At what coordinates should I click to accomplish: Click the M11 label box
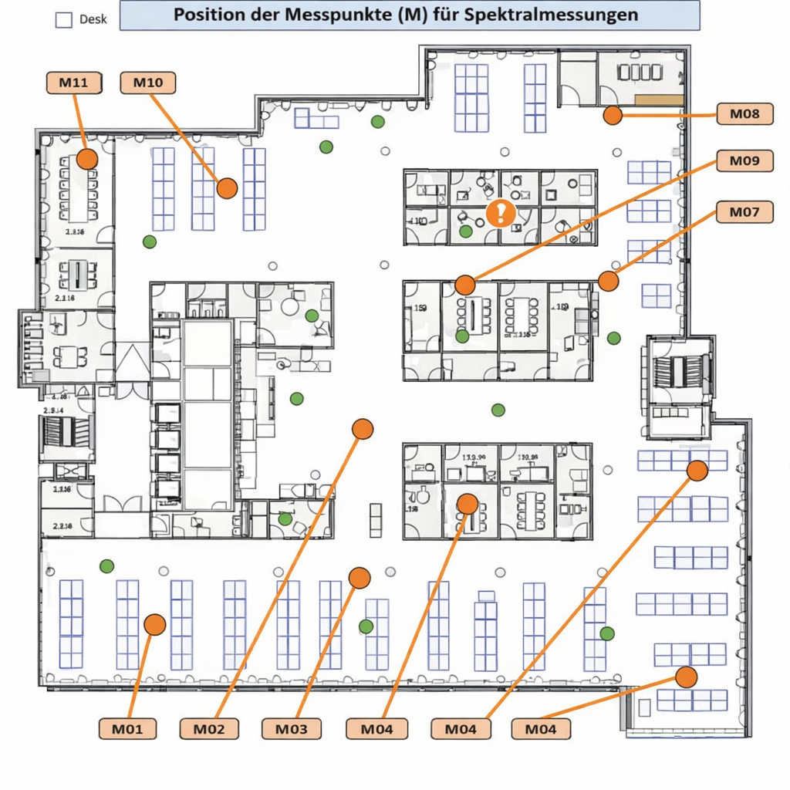pos(74,83)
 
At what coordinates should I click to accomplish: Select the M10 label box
pos(148,83)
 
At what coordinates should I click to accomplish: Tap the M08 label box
pos(744,114)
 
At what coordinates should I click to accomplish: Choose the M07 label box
pos(744,211)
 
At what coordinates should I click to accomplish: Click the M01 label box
pos(127,728)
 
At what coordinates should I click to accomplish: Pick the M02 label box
pos(209,728)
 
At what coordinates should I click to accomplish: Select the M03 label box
pos(291,728)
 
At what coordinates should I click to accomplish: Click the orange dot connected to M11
pos(87,160)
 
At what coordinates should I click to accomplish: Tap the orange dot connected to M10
pos(227,187)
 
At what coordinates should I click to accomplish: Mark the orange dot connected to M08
pos(613,116)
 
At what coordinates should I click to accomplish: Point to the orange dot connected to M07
pos(609,282)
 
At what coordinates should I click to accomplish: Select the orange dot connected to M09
pos(464,285)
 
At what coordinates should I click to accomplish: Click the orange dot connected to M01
pos(155,624)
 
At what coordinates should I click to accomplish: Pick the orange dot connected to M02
pos(363,429)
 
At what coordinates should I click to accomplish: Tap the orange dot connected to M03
pos(359,578)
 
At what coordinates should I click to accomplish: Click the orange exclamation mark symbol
pos(501,212)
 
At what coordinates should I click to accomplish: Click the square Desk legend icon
pos(65,20)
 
